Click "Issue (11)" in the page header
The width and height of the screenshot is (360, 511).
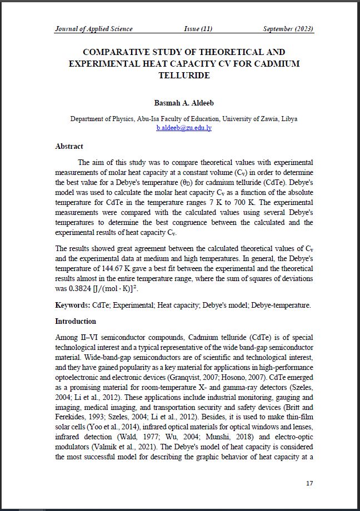tap(198, 29)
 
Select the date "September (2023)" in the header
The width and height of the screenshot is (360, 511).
tap(288, 29)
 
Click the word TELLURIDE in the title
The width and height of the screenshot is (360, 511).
tap(184, 76)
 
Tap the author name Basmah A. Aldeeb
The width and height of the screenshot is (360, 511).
tap(184, 103)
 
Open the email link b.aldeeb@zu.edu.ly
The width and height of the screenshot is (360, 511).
tap(184, 128)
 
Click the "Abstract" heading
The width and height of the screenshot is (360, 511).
tap(69, 147)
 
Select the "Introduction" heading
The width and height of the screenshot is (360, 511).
tap(76, 322)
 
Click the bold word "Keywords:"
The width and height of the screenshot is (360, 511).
tap(73, 305)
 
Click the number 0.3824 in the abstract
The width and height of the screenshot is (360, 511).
tap(78, 289)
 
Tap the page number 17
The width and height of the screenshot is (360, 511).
tap(309, 483)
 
